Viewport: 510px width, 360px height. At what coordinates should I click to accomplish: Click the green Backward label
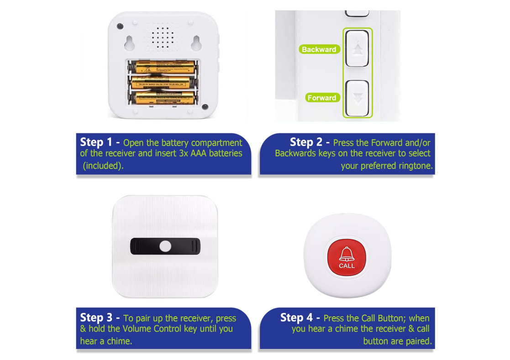pyautogui.click(x=320, y=49)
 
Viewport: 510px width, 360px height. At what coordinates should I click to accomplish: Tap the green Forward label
pyautogui.click(x=322, y=98)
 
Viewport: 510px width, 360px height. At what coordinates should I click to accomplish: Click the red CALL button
pyautogui.click(x=347, y=257)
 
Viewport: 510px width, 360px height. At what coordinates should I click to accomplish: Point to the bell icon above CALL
pyautogui.click(x=347, y=254)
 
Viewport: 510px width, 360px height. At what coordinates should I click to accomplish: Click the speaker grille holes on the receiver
pyautogui.click(x=163, y=38)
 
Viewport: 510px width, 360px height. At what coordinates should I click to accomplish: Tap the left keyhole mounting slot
pyautogui.click(x=130, y=42)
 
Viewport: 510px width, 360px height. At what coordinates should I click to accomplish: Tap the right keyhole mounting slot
pyautogui.click(x=196, y=42)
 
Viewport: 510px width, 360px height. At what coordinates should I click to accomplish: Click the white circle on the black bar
pyautogui.click(x=165, y=246)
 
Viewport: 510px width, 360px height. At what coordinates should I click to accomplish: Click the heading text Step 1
pyautogui.click(x=96, y=142)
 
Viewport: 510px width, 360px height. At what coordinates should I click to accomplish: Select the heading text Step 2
pyautogui.click(x=306, y=142)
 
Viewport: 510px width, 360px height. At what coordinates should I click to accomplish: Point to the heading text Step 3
pyautogui.click(x=96, y=318)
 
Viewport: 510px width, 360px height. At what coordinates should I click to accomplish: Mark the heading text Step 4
pyautogui.click(x=296, y=318)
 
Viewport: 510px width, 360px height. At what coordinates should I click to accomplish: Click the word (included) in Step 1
pyautogui.click(x=103, y=166)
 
